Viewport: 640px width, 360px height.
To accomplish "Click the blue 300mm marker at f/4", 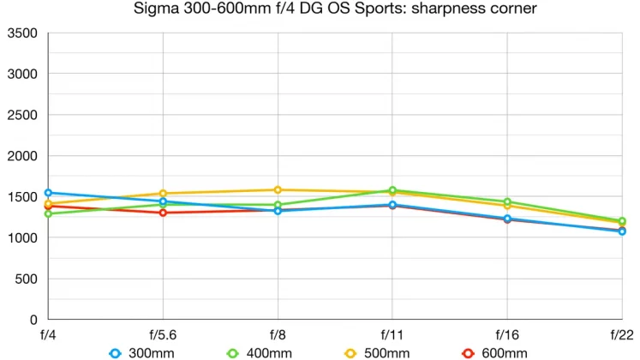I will click(x=48, y=193).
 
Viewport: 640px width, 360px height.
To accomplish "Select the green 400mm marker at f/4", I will click(x=48, y=213).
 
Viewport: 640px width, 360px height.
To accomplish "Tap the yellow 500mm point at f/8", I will click(x=278, y=189).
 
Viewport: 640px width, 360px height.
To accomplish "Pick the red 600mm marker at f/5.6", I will click(x=163, y=213).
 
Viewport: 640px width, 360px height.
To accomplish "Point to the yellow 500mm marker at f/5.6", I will click(x=163, y=194).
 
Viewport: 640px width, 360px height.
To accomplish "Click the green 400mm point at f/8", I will click(x=278, y=205).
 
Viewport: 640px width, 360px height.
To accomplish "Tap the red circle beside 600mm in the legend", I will click(x=468, y=352).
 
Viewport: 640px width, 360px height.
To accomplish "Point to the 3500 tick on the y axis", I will click(x=23, y=33).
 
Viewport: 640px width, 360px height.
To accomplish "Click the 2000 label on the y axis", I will click(x=23, y=156).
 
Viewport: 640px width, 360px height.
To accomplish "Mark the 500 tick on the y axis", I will click(x=27, y=279).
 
